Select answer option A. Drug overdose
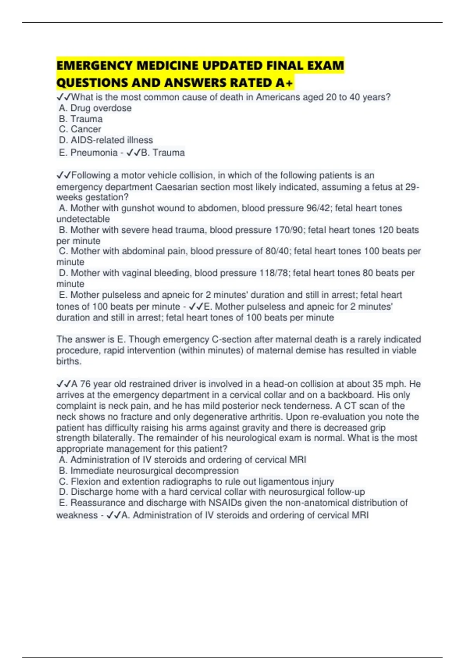click(x=95, y=108)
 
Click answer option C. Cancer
click(x=80, y=129)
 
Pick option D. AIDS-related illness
click(x=106, y=140)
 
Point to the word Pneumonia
click(x=94, y=153)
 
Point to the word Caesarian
click(x=179, y=187)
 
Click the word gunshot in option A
click(x=138, y=208)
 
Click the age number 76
click(x=85, y=384)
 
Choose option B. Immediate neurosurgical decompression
click(x=149, y=471)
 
